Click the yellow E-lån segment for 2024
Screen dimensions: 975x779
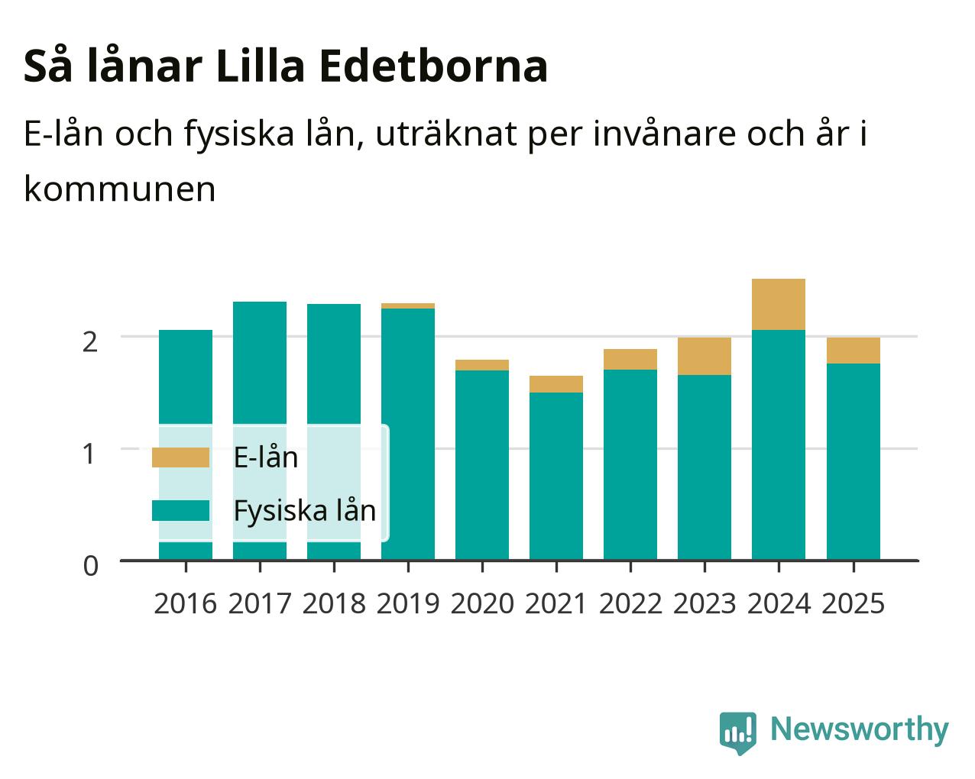coord(779,305)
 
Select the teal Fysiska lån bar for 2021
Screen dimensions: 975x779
coord(556,476)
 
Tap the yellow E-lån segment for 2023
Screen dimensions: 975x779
coord(705,356)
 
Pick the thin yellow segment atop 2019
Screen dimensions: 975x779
coord(408,305)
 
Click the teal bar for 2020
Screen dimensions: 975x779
coord(482,465)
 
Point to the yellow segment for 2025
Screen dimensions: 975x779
coord(854,351)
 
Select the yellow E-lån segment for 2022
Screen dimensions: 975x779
coord(630,359)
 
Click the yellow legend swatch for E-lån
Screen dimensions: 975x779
coord(180,457)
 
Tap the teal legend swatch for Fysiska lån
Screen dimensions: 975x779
coord(180,510)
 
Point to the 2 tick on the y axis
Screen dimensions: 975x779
coord(90,342)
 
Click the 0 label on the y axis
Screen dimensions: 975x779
coord(91,566)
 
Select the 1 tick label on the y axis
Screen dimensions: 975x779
coord(89,454)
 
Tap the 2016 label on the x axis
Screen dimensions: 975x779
coord(186,603)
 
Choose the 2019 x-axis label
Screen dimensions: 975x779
coord(408,603)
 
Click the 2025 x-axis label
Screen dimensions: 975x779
coord(853,603)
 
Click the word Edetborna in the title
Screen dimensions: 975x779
coord(433,66)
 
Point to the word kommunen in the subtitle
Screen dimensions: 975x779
coord(120,189)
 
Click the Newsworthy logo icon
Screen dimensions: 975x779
coord(738,733)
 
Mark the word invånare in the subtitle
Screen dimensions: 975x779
coord(664,134)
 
